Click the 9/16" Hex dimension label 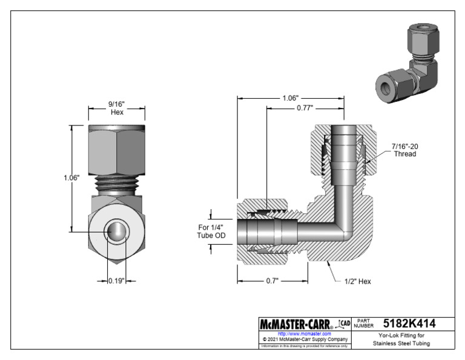(x=117, y=108)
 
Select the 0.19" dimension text (x=117, y=281)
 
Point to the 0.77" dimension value (x=305, y=108)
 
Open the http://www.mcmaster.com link (x=304, y=333)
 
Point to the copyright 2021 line (x=304, y=339)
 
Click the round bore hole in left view (x=116, y=232)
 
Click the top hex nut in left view (x=116, y=150)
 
